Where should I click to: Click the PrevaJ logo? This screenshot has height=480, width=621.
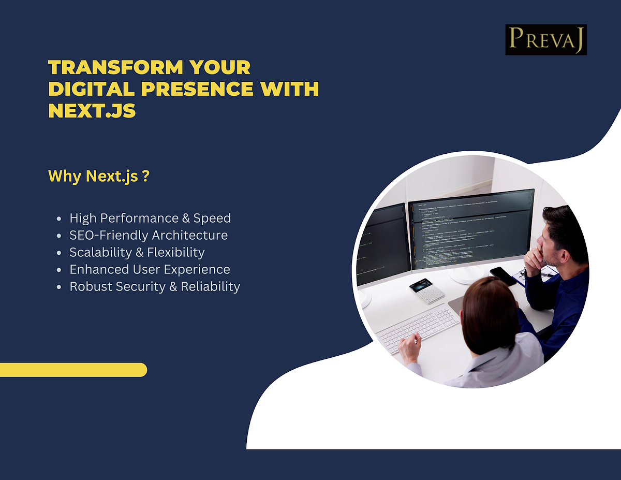[x=546, y=39]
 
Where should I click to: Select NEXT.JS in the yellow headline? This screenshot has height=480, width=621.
[x=92, y=110]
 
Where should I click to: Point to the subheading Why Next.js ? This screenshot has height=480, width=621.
[x=99, y=176]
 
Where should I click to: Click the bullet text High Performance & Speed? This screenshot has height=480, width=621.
[x=150, y=218]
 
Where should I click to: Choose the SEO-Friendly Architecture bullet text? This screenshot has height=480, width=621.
[x=149, y=235]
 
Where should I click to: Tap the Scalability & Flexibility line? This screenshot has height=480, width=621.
[x=137, y=252]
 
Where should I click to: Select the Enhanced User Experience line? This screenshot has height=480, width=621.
[x=150, y=269]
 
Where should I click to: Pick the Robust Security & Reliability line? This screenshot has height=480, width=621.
[x=155, y=286]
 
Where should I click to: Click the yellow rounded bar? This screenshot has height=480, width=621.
[x=73, y=370]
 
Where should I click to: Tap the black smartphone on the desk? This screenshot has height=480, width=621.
[x=503, y=275]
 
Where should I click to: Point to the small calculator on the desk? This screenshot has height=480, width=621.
[x=427, y=290]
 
